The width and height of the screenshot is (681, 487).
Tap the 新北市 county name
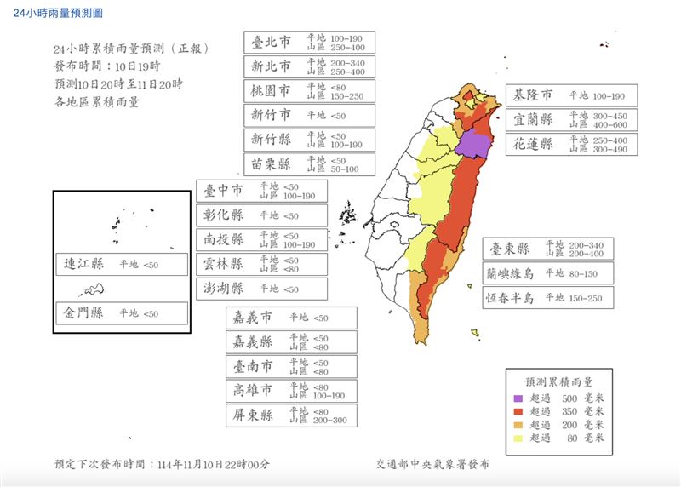click(x=272, y=66)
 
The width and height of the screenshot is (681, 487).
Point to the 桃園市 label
click(x=272, y=90)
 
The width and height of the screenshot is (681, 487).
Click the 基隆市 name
click(x=533, y=95)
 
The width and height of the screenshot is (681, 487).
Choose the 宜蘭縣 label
click(x=533, y=120)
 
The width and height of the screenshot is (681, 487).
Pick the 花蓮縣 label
click(x=533, y=144)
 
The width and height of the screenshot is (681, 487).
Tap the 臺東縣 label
click(x=510, y=249)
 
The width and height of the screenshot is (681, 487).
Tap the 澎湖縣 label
click(x=224, y=289)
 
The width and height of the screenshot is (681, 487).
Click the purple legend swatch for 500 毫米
click(x=518, y=398)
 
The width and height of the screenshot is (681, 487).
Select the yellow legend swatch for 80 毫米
click(x=518, y=438)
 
